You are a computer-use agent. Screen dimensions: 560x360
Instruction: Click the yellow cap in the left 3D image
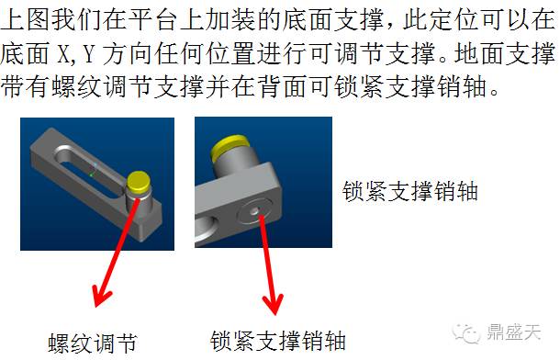click(138, 181)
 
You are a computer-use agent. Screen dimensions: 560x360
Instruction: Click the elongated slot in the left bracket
click(89, 169)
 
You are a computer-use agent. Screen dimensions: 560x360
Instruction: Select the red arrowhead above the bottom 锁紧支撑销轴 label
click(274, 304)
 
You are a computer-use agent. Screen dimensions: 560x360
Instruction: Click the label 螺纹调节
click(93, 343)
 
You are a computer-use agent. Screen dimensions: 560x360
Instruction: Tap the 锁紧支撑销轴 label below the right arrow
click(278, 341)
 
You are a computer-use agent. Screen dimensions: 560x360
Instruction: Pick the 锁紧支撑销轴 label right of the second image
click(409, 191)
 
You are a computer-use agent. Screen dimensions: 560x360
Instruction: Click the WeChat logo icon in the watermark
click(465, 333)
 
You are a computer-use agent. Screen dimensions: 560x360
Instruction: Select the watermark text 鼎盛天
click(513, 332)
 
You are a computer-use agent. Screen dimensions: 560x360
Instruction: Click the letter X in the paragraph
click(63, 54)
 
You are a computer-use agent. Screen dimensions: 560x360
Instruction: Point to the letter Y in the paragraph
click(88, 54)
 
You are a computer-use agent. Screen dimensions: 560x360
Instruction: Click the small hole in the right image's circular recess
click(254, 211)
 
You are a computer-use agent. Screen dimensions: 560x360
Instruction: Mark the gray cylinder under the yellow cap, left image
click(140, 203)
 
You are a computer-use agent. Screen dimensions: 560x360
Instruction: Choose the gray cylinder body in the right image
click(233, 165)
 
